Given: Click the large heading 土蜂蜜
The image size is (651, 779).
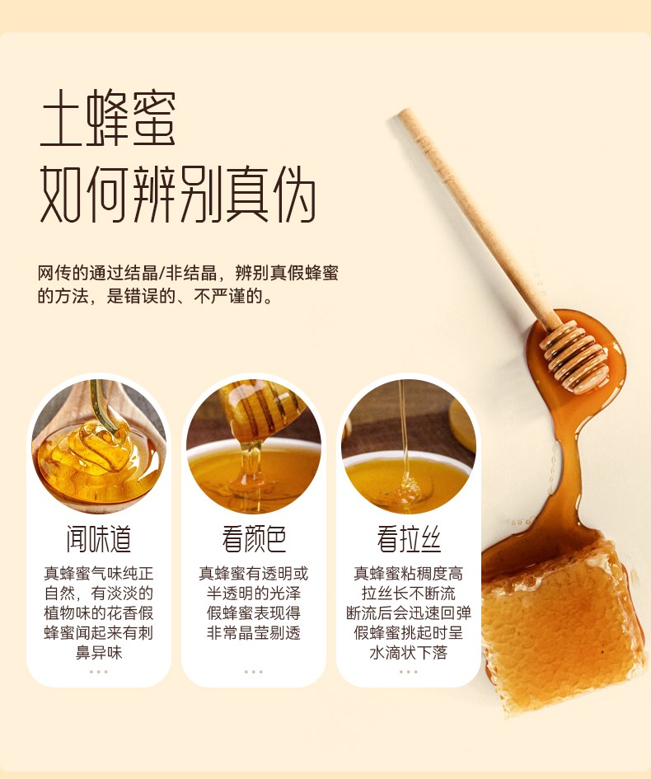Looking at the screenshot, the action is (x=108, y=118).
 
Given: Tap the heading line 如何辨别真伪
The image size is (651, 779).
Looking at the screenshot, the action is (x=177, y=195).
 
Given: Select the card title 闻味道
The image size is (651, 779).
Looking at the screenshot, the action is (x=99, y=539).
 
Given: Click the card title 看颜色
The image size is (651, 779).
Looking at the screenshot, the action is (x=254, y=539).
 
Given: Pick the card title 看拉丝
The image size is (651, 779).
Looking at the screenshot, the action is (x=409, y=539).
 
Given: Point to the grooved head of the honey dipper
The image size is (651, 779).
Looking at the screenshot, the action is (x=574, y=356).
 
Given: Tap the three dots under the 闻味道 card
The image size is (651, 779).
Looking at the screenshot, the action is (x=99, y=672).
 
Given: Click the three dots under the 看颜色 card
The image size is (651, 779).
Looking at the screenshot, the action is (x=254, y=672).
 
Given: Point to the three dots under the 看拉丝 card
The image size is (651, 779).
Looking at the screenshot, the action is (x=409, y=672).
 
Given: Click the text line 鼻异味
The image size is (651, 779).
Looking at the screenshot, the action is (x=99, y=652).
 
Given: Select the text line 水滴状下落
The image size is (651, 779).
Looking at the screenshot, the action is (x=409, y=652).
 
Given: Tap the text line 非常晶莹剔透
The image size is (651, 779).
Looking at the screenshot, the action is (x=254, y=632).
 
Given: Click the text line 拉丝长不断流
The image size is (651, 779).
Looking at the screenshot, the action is (x=409, y=594).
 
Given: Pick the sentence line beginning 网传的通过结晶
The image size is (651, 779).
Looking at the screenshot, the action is (x=188, y=273).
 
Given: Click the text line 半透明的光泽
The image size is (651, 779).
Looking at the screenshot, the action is (x=254, y=594).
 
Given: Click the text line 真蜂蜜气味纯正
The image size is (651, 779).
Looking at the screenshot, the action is (x=99, y=573).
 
